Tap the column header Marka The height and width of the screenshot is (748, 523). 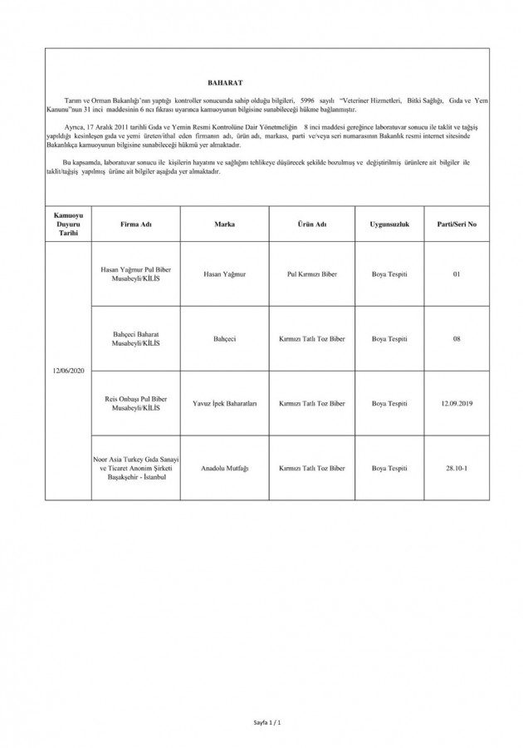(224, 224)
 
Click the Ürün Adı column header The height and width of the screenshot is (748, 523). (312, 224)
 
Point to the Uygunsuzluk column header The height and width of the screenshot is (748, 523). (389, 224)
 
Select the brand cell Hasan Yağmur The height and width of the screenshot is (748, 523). (224, 273)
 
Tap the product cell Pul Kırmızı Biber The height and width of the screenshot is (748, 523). (312, 273)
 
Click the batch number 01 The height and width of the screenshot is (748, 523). (457, 273)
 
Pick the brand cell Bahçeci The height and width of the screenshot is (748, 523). (224, 338)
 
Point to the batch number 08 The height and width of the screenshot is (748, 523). (457, 338)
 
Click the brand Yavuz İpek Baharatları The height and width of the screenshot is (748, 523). (224, 403)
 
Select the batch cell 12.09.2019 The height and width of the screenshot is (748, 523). (457, 403)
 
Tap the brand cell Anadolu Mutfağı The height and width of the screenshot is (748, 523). (224, 468)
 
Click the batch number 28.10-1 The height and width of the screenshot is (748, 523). (457, 468)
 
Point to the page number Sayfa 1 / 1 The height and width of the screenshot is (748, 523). (267, 724)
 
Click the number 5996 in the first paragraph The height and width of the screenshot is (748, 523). (310, 100)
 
